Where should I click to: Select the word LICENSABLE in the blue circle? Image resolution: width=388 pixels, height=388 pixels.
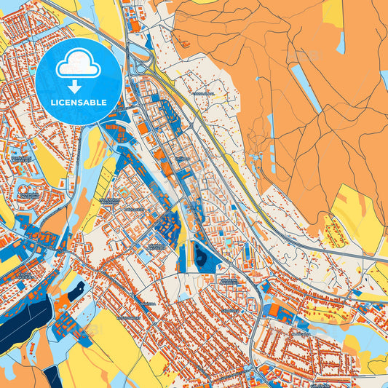[x=79, y=102]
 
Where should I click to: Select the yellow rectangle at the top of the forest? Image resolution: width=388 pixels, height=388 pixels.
[x=333, y=13]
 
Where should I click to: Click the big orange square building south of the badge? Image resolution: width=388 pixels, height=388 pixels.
[x=112, y=132]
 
